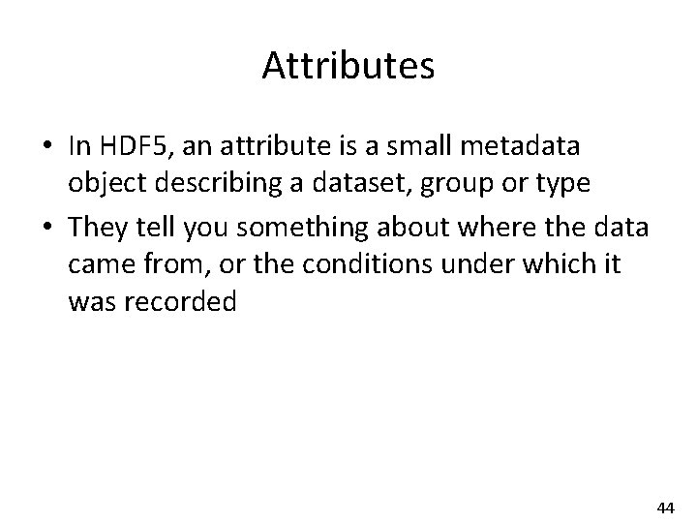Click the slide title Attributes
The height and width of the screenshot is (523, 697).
(348, 67)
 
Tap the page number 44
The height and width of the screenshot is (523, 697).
(665, 508)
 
